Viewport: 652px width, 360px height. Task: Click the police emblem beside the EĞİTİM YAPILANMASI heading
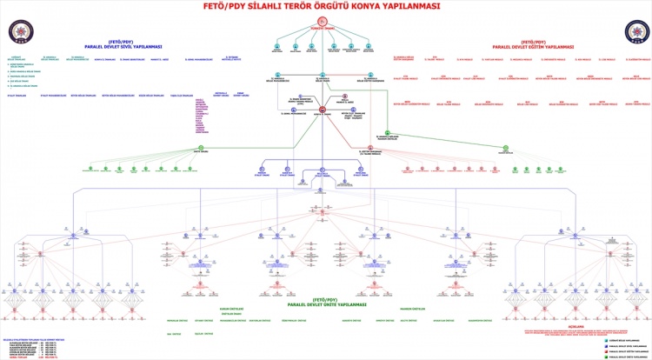pos(635,31)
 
